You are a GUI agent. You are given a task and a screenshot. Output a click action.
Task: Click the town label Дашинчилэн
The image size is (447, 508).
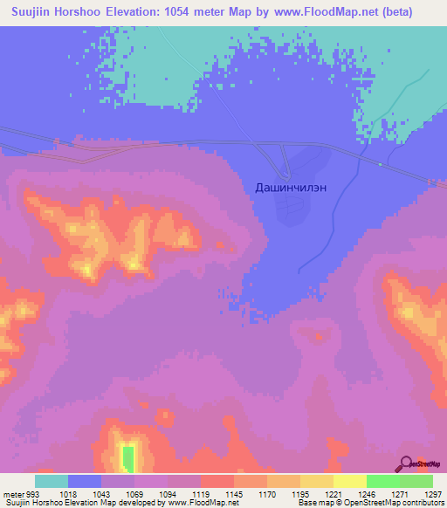point(292,187)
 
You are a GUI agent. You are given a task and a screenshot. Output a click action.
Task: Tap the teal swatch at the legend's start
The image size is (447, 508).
point(52,481)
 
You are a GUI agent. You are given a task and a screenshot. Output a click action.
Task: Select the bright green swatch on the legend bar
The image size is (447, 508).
point(382,481)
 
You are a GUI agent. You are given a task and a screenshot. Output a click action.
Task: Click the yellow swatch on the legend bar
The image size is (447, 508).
point(349,481)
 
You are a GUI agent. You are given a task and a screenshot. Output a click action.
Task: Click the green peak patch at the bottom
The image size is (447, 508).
point(128,457)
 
